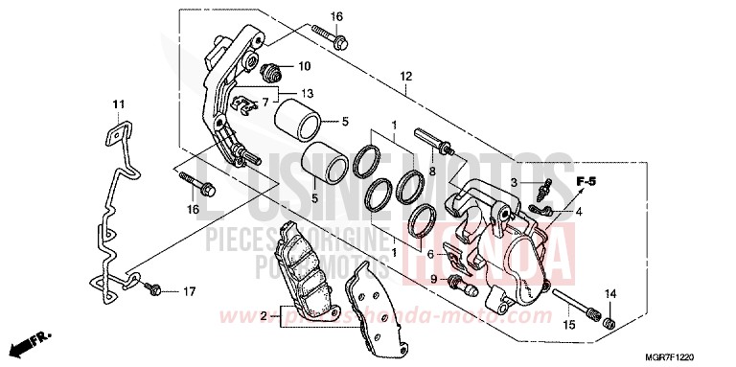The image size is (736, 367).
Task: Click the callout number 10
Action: [304, 66]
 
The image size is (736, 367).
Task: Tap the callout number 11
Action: [118, 103]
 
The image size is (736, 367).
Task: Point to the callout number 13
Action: [307, 93]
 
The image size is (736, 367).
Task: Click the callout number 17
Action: [188, 290]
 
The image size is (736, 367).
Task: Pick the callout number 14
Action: [610, 294]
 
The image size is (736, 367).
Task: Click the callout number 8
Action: [433, 172]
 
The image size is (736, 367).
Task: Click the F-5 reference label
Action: [586, 180]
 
